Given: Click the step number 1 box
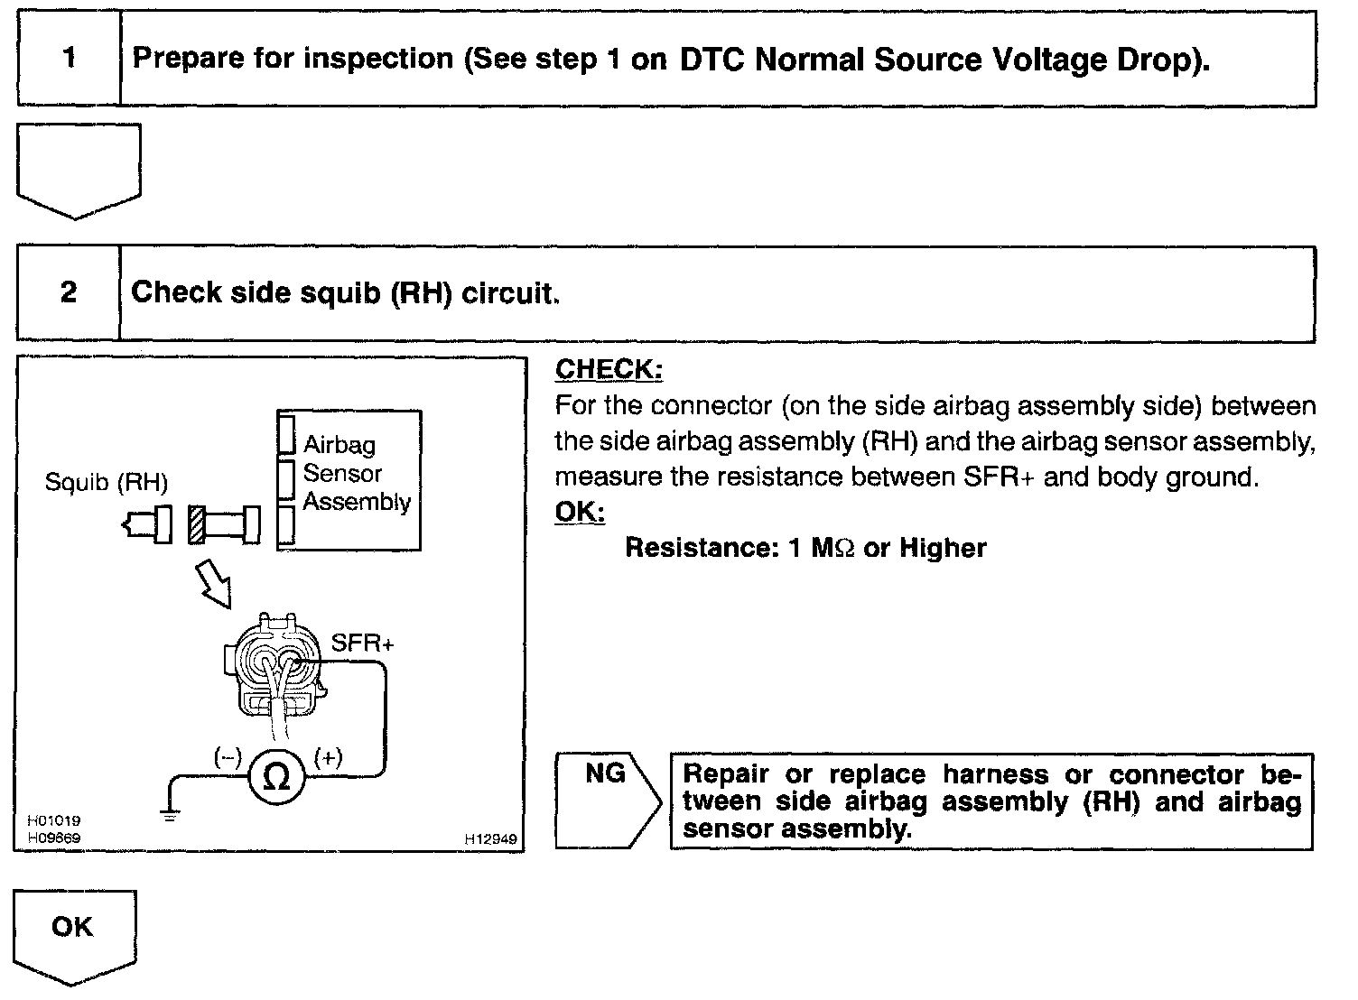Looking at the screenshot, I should [x=70, y=60].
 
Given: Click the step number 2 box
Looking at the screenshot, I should [x=69, y=293].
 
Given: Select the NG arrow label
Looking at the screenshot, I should [x=606, y=774].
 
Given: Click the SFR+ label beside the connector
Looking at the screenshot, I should [x=362, y=644].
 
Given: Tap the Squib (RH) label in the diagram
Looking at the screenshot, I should [x=107, y=484].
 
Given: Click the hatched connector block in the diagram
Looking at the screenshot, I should [x=195, y=524].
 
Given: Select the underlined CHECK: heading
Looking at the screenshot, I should [x=609, y=369].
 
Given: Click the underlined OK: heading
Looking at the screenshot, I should [x=579, y=512].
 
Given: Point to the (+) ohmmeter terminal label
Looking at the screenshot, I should [x=328, y=757].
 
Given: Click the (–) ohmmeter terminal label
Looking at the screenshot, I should [x=227, y=757].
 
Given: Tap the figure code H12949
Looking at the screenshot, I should [x=491, y=839].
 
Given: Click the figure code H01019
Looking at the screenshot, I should [x=54, y=820].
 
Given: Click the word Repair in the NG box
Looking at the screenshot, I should [x=727, y=774].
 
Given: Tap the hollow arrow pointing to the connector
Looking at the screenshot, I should [x=214, y=584].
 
